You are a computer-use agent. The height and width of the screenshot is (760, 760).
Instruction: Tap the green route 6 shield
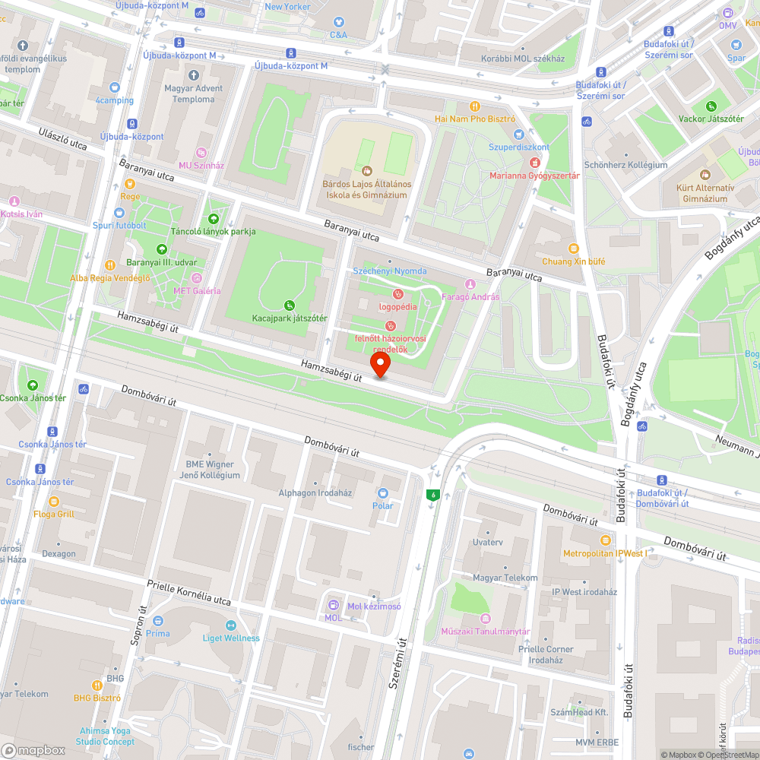click(x=433, y=495)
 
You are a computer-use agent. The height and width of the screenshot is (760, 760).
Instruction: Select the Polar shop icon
click(x=382, y=492)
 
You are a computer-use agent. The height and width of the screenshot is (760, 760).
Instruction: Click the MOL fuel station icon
click(x=333, y=605)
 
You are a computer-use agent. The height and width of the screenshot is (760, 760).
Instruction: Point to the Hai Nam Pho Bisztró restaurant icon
click(x=475, y=106)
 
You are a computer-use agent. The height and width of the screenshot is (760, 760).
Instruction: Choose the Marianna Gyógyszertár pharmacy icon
click(x=534, y=163)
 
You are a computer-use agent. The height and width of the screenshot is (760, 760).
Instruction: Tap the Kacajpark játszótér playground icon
click(x=290, y=305)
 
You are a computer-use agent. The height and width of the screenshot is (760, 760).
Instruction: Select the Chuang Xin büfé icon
click(x=573, y=249)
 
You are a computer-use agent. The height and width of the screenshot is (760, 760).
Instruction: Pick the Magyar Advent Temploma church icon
click(x=193, y=75)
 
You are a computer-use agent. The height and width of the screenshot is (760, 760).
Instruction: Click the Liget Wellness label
click(x=231, y=638)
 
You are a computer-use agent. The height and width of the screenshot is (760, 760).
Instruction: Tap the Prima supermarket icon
click(x=158, y=621)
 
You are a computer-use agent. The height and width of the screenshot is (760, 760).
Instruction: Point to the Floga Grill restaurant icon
click(x=54, y=502)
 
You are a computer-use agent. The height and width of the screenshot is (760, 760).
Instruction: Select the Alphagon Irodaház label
click(x=315, y=492)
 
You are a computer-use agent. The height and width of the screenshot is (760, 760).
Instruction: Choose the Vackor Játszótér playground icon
click(x=711, y=106)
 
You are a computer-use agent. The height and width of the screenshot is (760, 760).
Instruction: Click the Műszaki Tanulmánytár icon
click(x=486, y=619)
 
